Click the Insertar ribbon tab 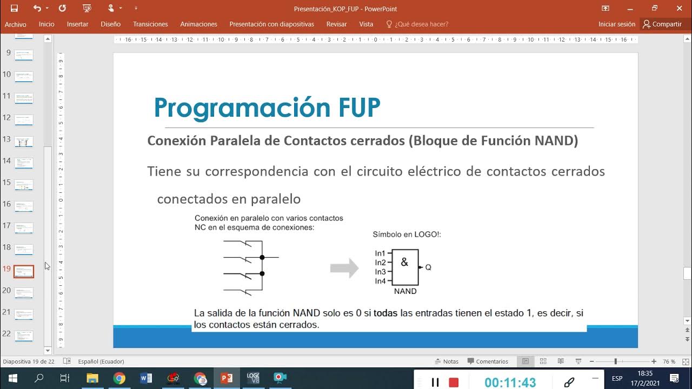(x=77, y=24)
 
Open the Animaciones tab (x=198, y=24)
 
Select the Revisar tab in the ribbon (x=336, y=24)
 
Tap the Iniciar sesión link (x=616, y=24)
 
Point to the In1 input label (x=380, y=253)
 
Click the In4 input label (x=380, y=281)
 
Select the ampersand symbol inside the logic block (x=404, y=263)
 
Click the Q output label (x=428, y=267)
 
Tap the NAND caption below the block (x=405, y=291)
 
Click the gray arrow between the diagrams (x=344, y=268)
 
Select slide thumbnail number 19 (x=24, y=271)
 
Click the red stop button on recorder (x=454, y=383)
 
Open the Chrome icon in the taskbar (x=119, y=378)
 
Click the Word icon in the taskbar (x=146, y=378)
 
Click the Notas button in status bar (x=447, y=361)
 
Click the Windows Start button (x=13, y=378)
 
